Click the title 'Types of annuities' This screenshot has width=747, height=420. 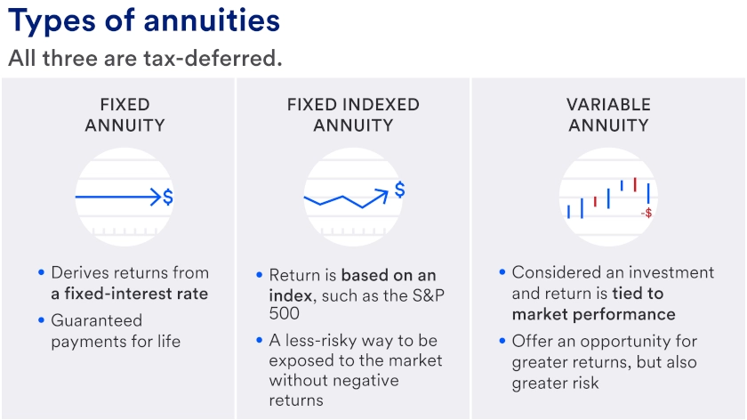143,20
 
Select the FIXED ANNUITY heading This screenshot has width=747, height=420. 124,115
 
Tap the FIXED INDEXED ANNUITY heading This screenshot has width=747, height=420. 353,115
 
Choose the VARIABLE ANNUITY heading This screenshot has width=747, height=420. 608,115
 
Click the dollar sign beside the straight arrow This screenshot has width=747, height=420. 168,197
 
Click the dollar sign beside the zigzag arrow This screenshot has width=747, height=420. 400,190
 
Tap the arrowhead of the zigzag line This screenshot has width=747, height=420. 384,191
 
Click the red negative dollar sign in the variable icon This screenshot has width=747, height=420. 647,213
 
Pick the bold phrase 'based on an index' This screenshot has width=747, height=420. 353,285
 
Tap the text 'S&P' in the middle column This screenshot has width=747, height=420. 418,295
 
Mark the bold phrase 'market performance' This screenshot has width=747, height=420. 593,314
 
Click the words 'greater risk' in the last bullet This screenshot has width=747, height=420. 555,384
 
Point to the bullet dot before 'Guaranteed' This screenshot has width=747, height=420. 41,320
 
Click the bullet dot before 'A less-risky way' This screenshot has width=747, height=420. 259,341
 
